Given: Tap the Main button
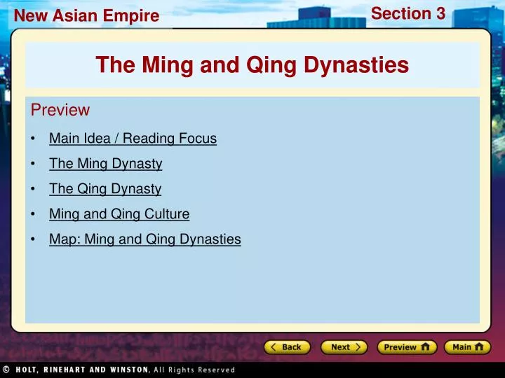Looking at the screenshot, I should click(467, 347).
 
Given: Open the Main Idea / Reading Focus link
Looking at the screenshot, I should click(133, 139).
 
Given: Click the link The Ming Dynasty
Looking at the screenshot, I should click(105, 164).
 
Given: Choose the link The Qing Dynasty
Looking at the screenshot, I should click(105, 189).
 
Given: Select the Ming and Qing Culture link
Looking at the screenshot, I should click(119, 214).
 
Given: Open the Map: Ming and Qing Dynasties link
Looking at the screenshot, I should click(144, 239).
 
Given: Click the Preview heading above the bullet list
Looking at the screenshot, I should click(60, 111).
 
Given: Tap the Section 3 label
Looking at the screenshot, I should click(408, 13).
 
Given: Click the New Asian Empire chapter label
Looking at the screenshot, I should click(87, 15).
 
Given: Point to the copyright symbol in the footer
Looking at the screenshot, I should click(6, 370).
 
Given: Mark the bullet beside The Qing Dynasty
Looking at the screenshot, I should click(33, 189).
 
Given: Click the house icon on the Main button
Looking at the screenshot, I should click(479, 347).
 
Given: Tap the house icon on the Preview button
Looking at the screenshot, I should click(425, 347).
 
